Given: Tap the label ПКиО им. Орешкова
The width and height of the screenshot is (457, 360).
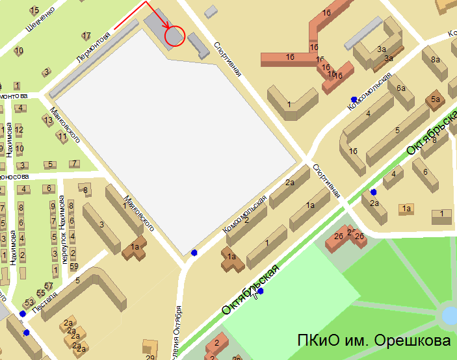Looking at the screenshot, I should (374, 341).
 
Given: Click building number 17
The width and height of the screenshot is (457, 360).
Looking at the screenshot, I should (86, 35).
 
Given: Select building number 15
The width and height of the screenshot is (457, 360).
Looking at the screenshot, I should (34, 10).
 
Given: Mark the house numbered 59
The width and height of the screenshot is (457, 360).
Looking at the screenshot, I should (73, 266).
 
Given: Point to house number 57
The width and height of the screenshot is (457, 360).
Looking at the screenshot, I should (48, 286).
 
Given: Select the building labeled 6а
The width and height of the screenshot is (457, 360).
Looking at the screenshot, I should (401, 88).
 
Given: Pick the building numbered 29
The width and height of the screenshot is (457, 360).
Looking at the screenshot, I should (151, 357).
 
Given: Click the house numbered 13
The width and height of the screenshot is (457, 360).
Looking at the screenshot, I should (47, 120).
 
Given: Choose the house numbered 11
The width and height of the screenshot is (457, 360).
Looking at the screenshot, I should (62, 136).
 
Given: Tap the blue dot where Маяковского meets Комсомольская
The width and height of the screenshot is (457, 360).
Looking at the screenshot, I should (194, 253).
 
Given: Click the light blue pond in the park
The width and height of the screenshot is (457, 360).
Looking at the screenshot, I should (450, 316).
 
